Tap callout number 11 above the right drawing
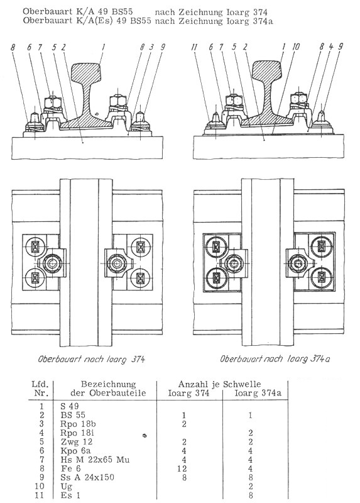pyautogui.click(x=194, y=47)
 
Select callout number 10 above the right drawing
pyautogui.click(x=296, y=47)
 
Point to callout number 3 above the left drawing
pyautogui.click(x=151, y=47)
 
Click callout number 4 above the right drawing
pyautogui.click(x=331, y=47)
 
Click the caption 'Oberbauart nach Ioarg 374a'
pyautogui.click(x=275, y=358)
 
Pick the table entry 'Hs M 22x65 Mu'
pyautogui.click(x=95, y=460)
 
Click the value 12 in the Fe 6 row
pyautogui.click(x=182, y=468)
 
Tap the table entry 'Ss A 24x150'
pyautogui.click(x=87, y=477)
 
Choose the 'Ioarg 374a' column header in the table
pyautogui.click(x=258, y=393)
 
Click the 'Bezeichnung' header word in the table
pyautogui.click(x=108, y=384)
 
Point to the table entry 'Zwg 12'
pyautogui.click(x=76, y=442)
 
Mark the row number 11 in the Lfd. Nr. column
pyautogui.click(x=39, y=495)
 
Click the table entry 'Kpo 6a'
pyautogui.click(x=75, y=451)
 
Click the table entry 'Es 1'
pyautogui.click(x=70, y=495)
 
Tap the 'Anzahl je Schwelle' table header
pyautogui.click(x=220, y=384)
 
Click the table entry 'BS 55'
pyautogui.click(x=73, y=415)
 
